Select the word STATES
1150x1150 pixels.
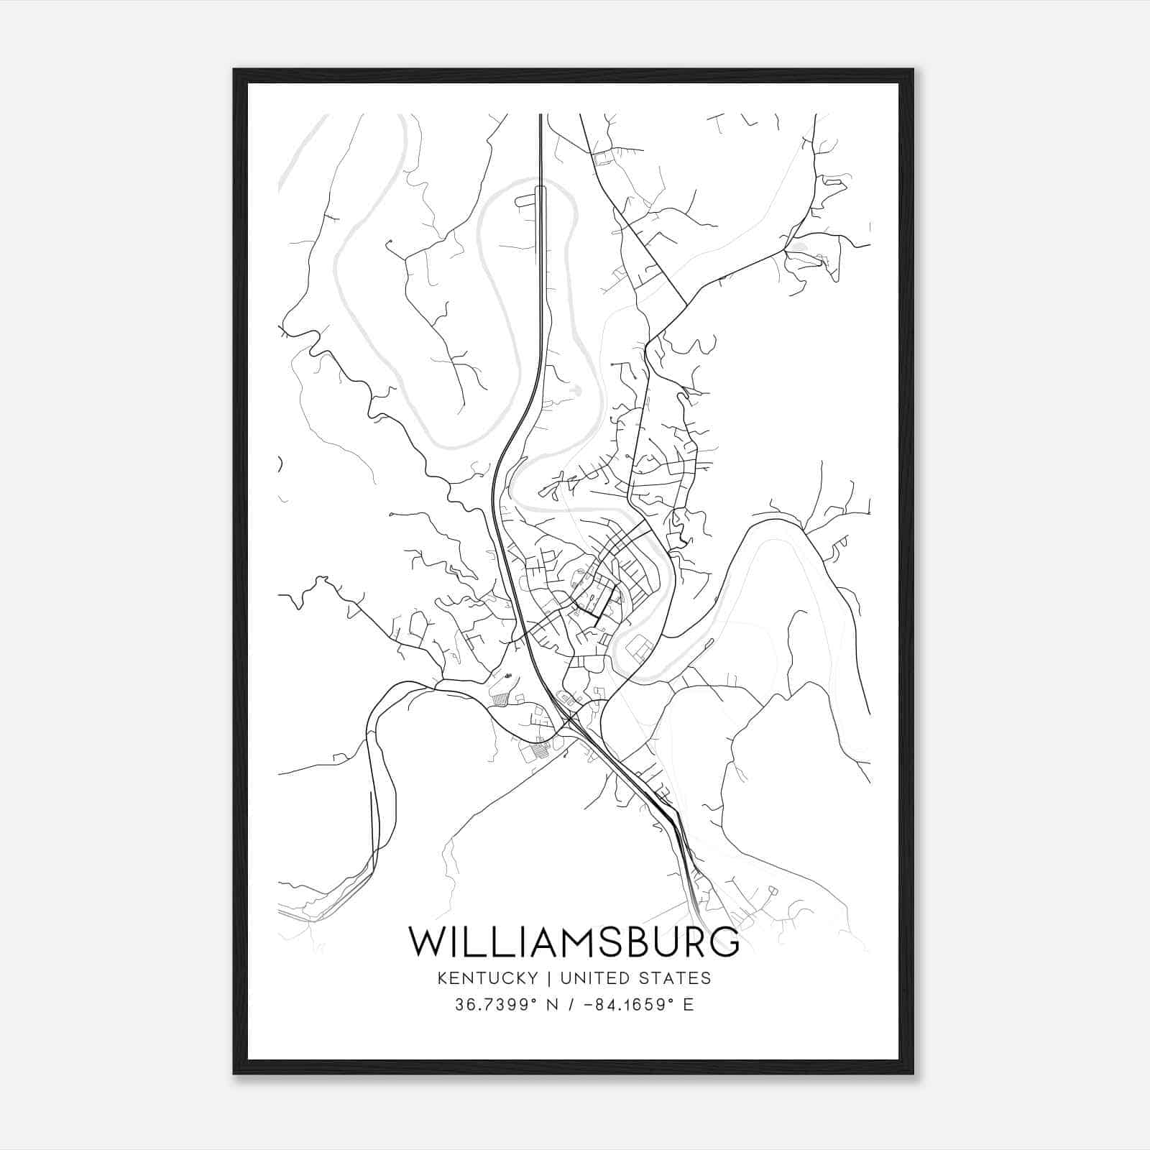[675, 977]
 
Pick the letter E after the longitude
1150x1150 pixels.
[689, 1005]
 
